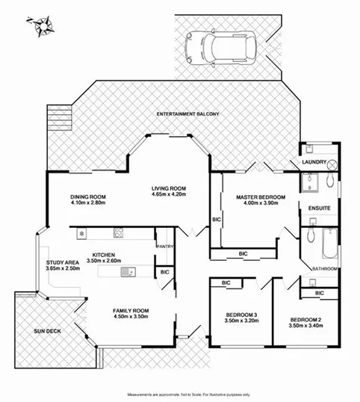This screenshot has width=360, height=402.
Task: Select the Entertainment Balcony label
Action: click(x=187, y=114)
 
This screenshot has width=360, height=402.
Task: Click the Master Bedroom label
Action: click(x=257, y=198)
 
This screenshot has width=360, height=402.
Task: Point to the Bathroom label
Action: click(x=324, y=268)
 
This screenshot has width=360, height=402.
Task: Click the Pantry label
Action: click(x=164, y=246)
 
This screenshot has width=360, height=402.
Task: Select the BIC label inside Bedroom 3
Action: click(x=225, y=283)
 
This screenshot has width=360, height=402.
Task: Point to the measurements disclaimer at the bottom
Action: click(x=188, y=394)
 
